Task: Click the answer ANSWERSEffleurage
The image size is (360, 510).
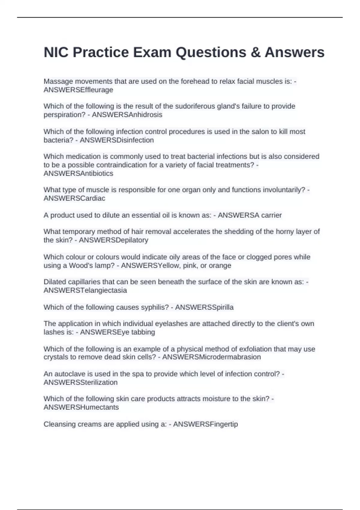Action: tap(78, 90)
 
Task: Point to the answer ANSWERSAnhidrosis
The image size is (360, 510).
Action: tap(127, 115)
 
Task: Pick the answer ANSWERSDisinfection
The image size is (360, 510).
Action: tap(117, 140)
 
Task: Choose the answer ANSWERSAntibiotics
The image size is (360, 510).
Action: tap(78, 173)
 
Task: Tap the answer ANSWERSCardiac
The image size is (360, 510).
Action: tap(74, 198)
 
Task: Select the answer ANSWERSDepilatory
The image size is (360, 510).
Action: tap(113, 240)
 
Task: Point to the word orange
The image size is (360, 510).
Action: tap(221, 265)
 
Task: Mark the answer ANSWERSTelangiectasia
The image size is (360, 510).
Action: tap(85, 290)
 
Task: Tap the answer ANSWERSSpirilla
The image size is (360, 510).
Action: tap(204, 307)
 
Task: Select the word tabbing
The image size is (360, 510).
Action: tap(143, 332)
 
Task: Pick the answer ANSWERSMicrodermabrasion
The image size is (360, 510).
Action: tap(211, 357)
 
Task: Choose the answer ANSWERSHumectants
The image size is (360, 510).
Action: tap(81, 407)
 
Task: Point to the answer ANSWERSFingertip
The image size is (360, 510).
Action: tap(205, 424)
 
